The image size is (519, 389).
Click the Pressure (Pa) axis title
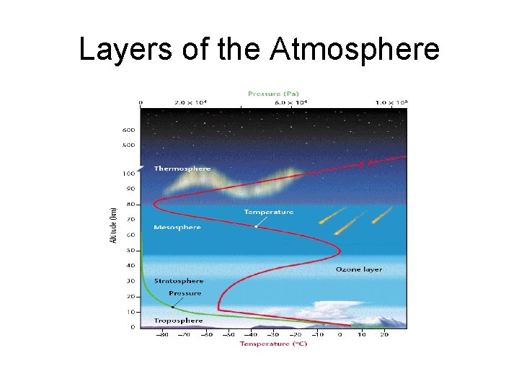273,94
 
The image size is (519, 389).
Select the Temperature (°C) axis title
273,344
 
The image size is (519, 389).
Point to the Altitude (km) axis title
113,225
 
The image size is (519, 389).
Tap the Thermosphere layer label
182,169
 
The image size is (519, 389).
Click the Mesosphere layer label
177,228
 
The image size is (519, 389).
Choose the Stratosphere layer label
179,281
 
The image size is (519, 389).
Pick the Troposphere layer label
178,320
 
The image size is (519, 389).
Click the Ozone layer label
358,269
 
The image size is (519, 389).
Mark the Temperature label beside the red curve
268,212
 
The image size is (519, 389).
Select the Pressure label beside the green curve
185,293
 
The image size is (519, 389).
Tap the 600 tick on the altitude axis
128,130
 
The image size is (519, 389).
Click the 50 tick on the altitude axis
130,251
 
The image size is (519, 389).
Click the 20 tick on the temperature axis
384,334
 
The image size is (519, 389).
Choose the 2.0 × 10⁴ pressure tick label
191,102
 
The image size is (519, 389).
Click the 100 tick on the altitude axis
128,174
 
